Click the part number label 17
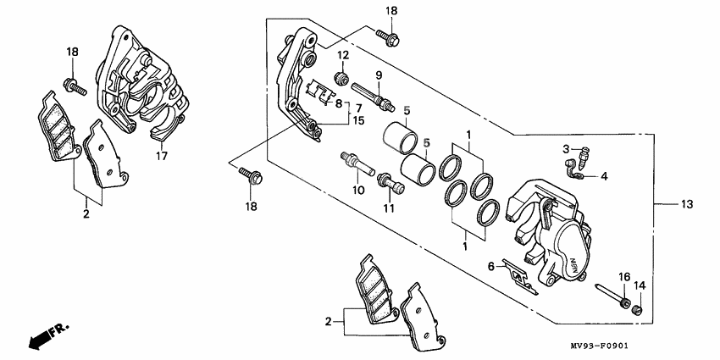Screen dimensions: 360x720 click(x=161, y=158)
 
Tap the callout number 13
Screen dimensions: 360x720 click(x=687, y=205)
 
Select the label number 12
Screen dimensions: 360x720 click(x=343, y=56)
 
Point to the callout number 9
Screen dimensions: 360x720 click(x=379, y=75)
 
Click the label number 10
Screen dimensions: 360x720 click(x=358, y=190)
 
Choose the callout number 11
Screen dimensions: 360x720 click(x=389, y=208)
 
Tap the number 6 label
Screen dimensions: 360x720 click(x=490, y=266)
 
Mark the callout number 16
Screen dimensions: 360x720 click(x=623, y=277)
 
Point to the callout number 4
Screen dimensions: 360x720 click(x=604, y=176)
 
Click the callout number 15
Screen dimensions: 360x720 click(x=358, y=121)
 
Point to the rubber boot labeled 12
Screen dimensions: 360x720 click(x=343, y=79)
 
